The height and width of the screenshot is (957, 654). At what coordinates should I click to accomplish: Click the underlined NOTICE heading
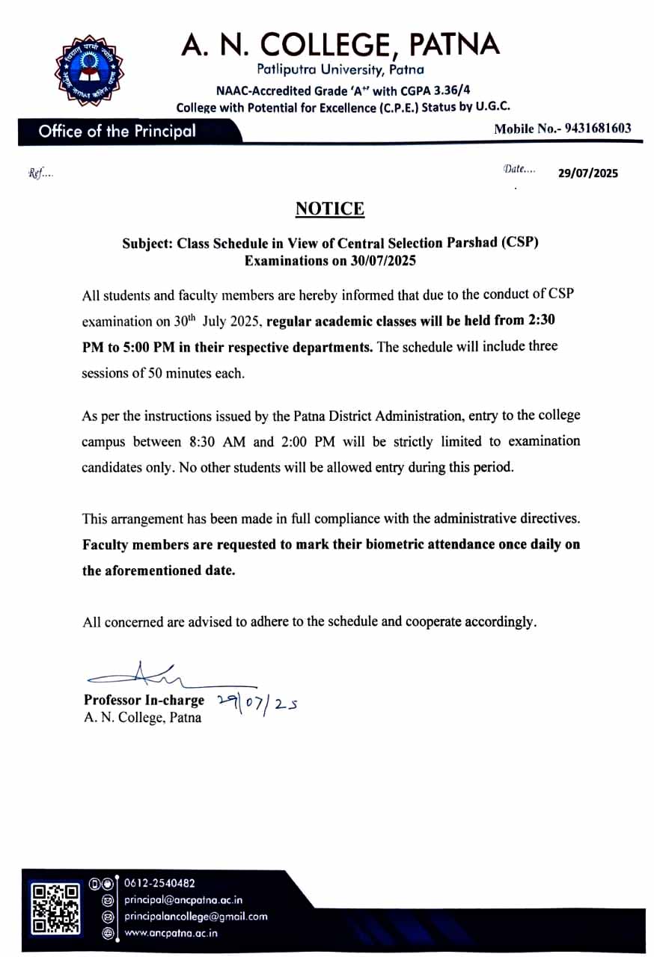click(x=330, y=209)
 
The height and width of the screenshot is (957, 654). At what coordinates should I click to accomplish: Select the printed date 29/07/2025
click(x=588, y=173)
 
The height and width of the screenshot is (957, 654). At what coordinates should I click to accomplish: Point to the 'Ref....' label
click(x=40, y=173)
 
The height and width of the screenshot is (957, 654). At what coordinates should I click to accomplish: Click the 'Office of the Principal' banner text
click(x=117, y=132)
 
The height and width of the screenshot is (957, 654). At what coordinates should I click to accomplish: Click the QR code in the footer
click(x=55, y=909)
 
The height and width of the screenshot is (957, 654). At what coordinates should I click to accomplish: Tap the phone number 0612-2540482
click(x=160, y=884)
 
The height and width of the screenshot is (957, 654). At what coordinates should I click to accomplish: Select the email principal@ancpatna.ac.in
click(x=183, y=900)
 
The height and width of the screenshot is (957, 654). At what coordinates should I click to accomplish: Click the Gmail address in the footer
click(x=196, y=917)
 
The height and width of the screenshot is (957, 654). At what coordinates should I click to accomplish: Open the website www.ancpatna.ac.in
click(x=171, y=933)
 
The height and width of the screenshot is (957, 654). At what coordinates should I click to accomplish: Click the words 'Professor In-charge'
click(x=144, y=701)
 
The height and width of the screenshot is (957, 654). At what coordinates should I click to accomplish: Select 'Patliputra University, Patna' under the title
click(x=340, y=70)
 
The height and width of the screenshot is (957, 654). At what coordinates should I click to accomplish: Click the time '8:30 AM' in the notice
click(x=202, y=442)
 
